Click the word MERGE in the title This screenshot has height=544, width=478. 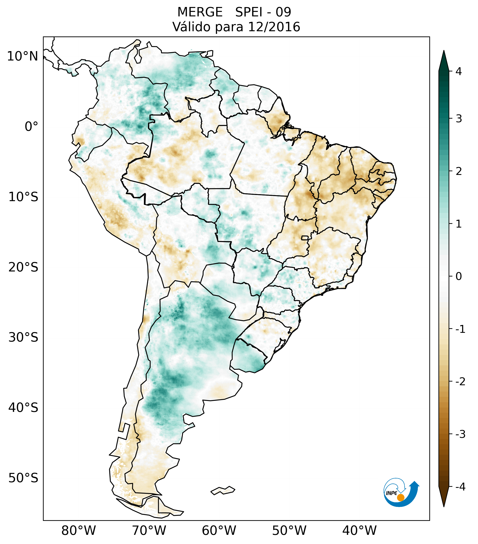(x=200, y=12)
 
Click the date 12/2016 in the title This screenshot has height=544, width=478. (x=274, y=27)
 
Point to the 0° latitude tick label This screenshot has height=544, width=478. (x=31, y=127)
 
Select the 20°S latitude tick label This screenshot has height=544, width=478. (x=23, y=267)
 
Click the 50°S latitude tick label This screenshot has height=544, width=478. (x=23, y=478)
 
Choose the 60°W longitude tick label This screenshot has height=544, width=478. (x=219, y=530)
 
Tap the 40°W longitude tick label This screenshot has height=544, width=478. (x=359, y=530)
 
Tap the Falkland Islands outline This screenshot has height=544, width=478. (x=223, y=490)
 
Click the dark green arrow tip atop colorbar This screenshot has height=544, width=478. (x=444, y=60)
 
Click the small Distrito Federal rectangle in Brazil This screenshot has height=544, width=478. (x=305, y=237)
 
